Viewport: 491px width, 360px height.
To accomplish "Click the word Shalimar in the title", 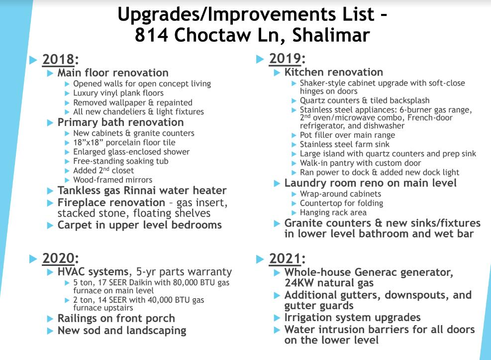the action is tap(331, 35).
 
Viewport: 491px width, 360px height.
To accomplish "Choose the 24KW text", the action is tap(299, 283).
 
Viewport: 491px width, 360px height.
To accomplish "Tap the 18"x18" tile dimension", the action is tap(89, 142).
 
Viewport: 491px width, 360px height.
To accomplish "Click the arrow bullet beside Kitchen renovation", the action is tap(277, 73).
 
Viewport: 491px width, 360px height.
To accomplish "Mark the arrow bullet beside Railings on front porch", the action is tap(50, 319).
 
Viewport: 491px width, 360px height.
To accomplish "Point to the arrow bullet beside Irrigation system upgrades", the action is tap(277, 318).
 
